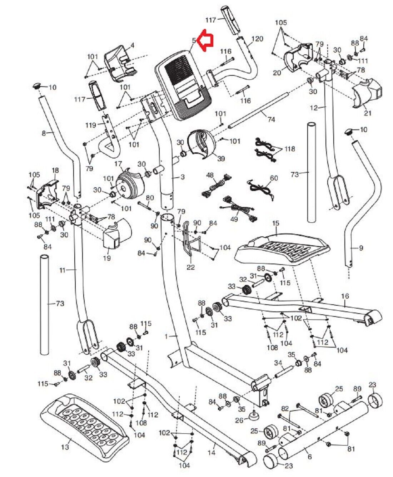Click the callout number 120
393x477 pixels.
(x=257, y=39)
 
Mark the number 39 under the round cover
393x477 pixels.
(x=221, y=158)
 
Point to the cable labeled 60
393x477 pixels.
(x=261, y=187)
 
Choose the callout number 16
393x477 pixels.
(x=345, y=296)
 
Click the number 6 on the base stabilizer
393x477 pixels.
(x=309, y=457)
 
